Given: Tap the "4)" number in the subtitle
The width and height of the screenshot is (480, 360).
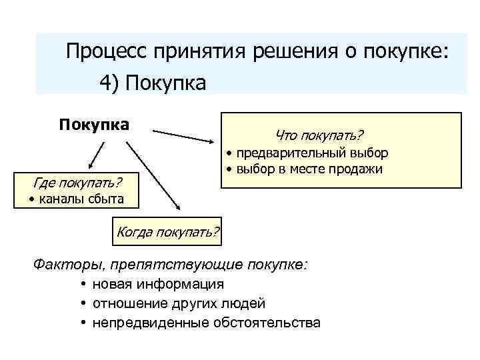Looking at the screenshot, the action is [109, 83].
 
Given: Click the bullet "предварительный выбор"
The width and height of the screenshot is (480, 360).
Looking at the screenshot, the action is [311, 153].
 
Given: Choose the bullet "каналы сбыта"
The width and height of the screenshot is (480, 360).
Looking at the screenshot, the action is [75, 199].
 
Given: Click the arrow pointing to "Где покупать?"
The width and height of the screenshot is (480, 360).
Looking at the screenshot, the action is [96, 157].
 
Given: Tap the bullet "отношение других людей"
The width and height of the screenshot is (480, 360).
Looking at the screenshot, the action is [179, 304].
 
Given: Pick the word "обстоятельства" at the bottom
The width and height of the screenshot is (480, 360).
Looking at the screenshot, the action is [267, 323].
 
